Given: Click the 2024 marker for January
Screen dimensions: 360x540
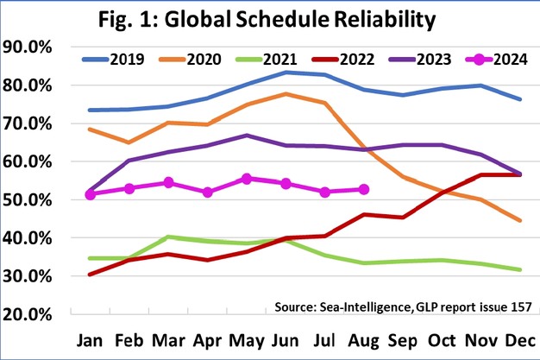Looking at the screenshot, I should (91, 194).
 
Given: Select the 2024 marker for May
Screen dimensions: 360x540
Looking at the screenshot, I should (247, 179).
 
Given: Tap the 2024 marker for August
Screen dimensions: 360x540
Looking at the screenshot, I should (363, 189).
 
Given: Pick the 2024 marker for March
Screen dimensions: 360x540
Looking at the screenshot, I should (168, 182).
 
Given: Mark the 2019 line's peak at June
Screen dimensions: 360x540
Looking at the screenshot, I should (286, 73).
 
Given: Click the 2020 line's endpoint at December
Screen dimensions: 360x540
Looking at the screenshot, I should (519, 220).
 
